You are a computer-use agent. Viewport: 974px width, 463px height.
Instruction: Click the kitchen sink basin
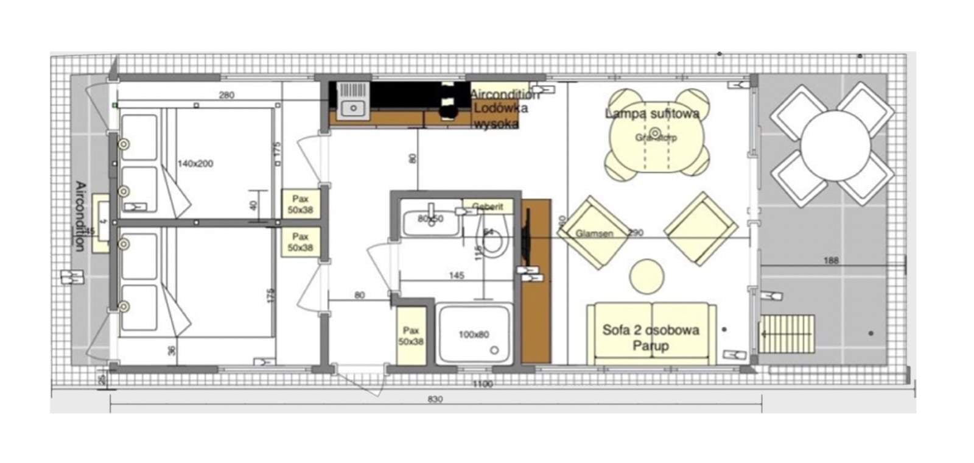[352, 108]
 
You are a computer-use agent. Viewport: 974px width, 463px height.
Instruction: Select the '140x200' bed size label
[195, 163]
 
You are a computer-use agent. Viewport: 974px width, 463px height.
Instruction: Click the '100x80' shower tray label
[474, 334]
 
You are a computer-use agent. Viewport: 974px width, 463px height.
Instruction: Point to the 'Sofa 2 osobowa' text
[650, 330]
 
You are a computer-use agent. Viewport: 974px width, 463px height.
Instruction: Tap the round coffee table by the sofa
[646, 275]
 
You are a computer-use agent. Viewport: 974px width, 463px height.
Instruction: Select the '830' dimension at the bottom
[435, 400]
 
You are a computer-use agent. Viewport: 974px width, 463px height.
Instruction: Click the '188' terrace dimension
[830, 260]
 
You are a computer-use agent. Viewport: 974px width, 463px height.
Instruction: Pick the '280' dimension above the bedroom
[226, 95]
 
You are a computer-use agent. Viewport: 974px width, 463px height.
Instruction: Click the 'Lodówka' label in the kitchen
[500, 108]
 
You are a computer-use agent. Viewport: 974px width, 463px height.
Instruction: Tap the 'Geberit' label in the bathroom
[488, 207]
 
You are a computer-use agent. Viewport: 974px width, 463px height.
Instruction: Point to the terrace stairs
[787, 333]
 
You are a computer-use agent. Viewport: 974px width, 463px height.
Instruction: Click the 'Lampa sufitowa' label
[652, 113]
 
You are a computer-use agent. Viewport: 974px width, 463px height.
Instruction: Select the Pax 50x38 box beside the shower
[411, 336]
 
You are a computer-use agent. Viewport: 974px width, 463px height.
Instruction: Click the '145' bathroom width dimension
[457, 275]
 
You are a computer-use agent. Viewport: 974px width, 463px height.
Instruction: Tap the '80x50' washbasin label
[430, 218]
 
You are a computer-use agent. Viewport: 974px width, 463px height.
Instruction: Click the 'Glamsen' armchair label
[594, 233]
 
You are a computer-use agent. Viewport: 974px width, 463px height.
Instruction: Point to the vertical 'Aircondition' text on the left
[80, 216]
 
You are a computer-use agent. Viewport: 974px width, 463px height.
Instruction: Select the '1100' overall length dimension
[482, 384]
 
